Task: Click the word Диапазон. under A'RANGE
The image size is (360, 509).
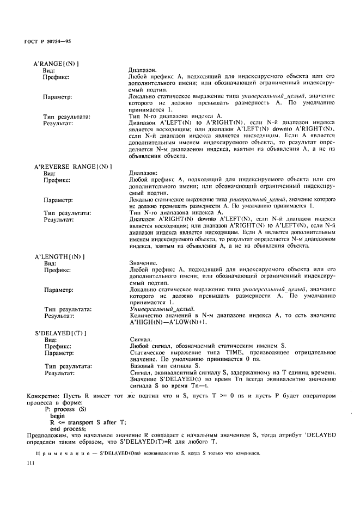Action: (x=143, y=70)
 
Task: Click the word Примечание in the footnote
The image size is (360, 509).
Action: (x=57, y=453)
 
